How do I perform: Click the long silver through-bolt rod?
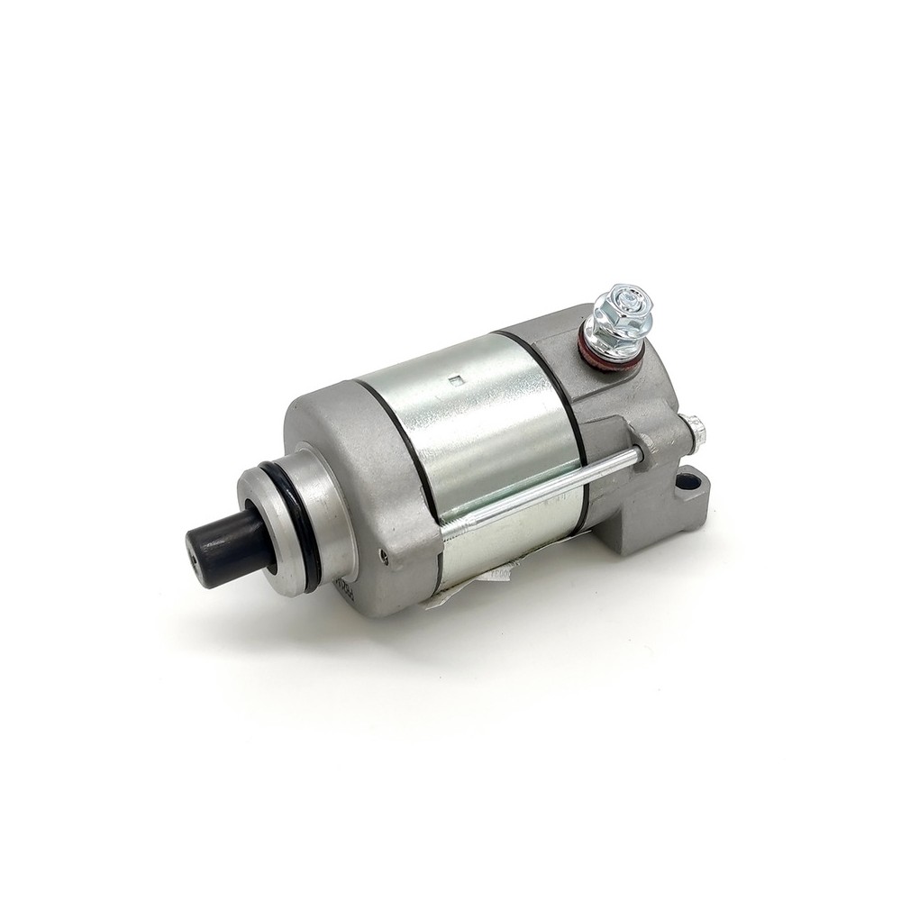click(541, 491)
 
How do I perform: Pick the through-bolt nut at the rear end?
click(695, 431)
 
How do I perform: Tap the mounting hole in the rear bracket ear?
click(688, 481)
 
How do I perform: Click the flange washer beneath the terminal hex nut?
click(616, 342)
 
